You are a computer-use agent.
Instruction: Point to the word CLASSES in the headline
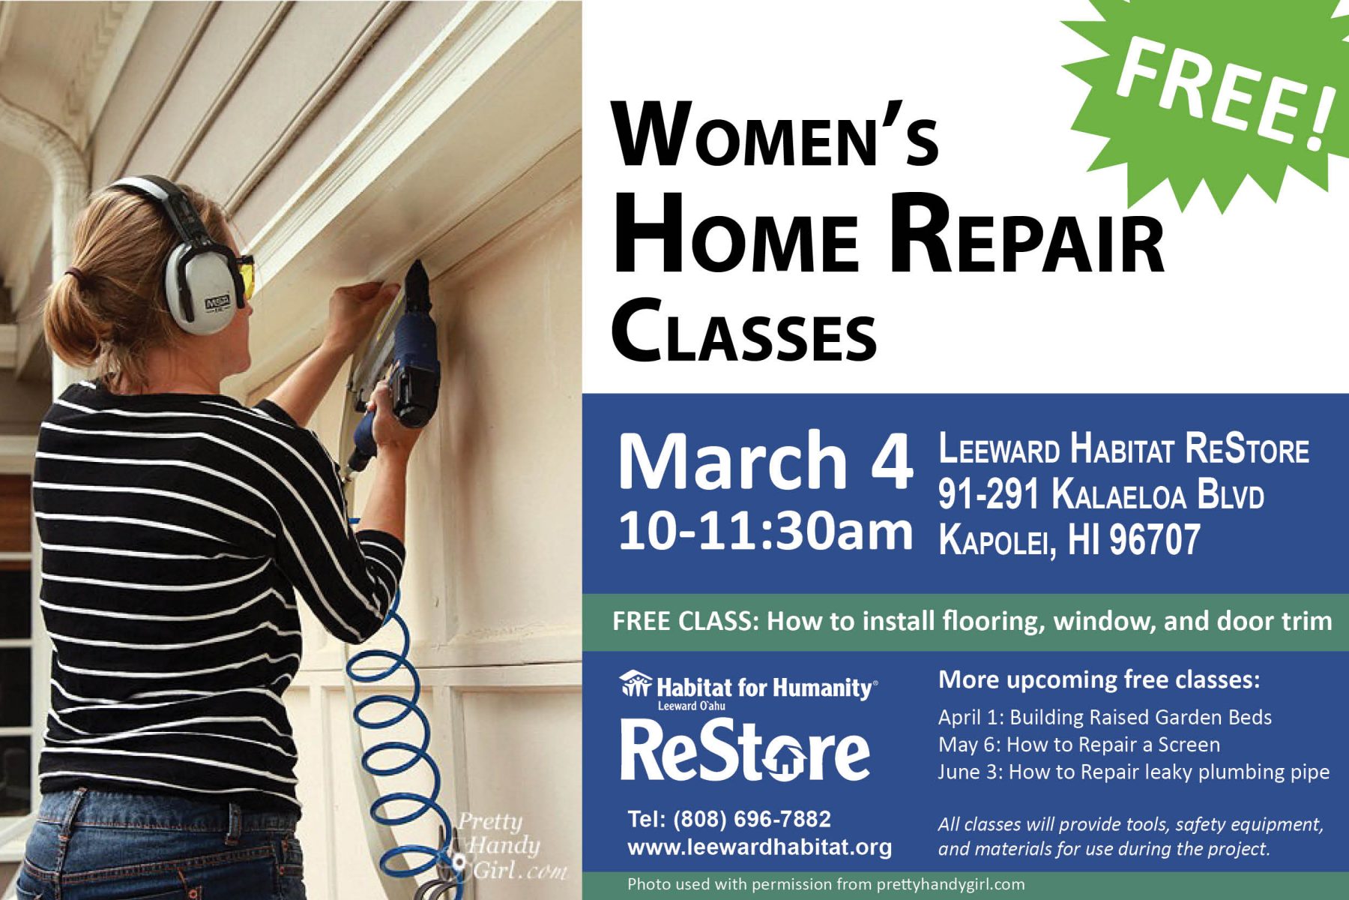[x=744, y=331]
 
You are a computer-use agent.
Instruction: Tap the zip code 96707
[x=1154, y=539]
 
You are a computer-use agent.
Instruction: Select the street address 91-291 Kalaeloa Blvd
[x=1101, y=495]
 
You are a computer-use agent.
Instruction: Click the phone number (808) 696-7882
[x=752, y=819]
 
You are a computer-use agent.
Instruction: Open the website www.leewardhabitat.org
[x=760, y=847]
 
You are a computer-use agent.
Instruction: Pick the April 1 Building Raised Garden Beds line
[x=1105, y=718]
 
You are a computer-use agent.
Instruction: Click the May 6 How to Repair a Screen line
[x=1079, y=745]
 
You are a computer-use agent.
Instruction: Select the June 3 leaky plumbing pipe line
[x=1134, y=772]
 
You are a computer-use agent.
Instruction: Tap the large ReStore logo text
[x=745, y=750]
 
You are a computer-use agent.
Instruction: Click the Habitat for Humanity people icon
[x=636, y=685]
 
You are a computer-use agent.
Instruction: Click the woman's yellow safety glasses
[x=246, y=276]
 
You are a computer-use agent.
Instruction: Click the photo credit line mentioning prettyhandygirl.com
[x=826, y=885]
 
